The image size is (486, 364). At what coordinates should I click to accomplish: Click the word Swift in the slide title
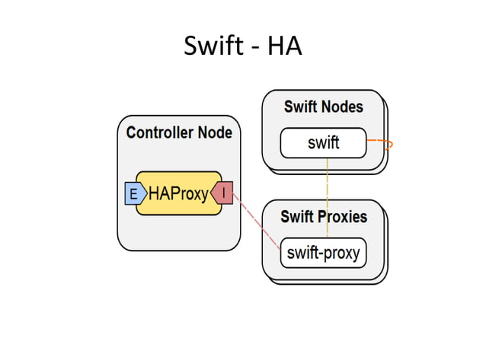pyautogui.click(x=213, y=46)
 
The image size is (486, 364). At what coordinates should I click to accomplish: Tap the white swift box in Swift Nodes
pyautogui.click(x=323, y=142)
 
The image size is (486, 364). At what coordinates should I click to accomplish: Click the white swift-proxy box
pyautogui.click(x=323, y=253)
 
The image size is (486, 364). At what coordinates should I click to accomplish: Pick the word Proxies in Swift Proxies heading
pyautogui.click(x=343, y=216)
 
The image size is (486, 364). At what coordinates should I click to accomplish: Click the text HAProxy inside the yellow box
pyautogui.click(x=178, y=194)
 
